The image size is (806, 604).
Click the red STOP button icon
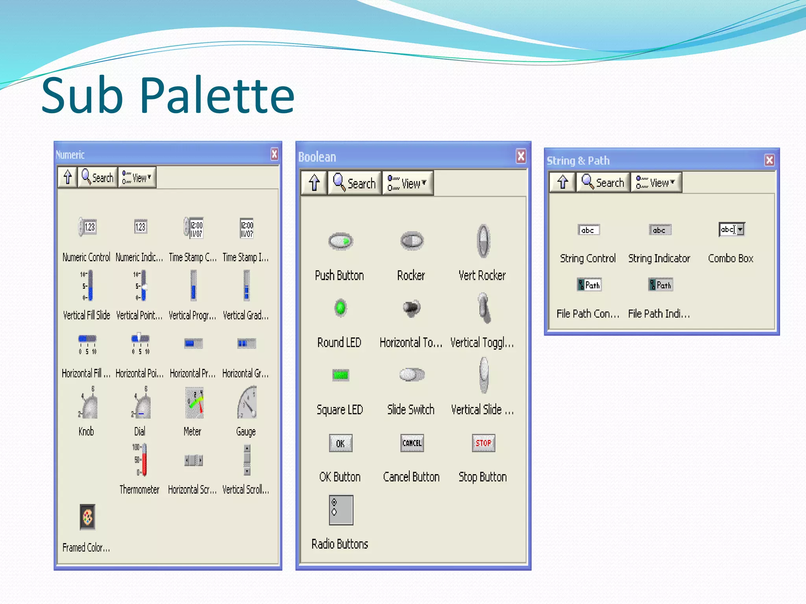(x=483, y=443)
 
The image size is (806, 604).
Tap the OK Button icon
(x=340, y=444)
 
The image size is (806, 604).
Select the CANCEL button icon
(x=412, y=443)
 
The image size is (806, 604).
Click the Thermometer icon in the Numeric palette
(x=142, y=460)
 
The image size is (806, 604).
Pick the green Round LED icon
(x=340, y=308)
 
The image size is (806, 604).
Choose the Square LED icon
(x=340, y=375)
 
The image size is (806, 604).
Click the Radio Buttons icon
(x=341, y=510)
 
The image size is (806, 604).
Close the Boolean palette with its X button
(x=521, y=156)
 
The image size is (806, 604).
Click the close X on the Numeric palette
(x=274, y=154)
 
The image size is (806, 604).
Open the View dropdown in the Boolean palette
(x=408, y=183)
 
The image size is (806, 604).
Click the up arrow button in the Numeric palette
(x=68, y=177)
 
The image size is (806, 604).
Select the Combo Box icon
(x=732, y=229)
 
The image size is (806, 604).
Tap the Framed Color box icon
(x=87, y=517)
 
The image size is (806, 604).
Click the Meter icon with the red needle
(x=194, y=403)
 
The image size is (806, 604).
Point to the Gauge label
(x=246, y=432)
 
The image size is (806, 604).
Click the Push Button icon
(x=340, y=241)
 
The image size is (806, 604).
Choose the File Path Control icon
(x=589, y=285)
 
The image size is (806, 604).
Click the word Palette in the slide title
(x=217, y=96)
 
